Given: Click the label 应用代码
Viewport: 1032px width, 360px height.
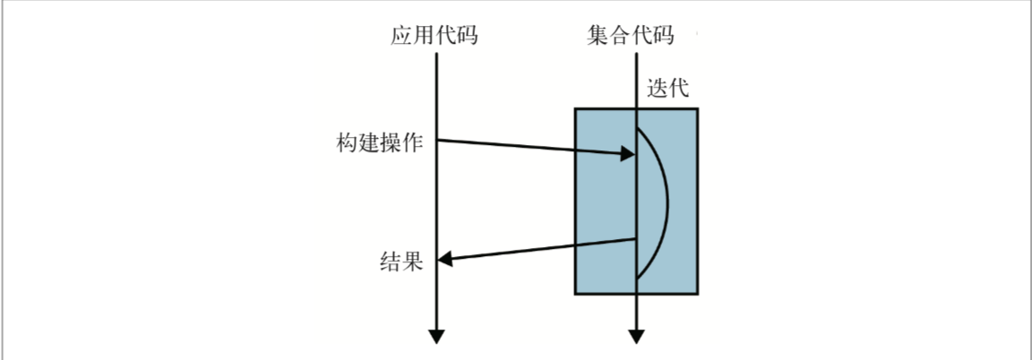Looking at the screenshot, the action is (x=434, y=36).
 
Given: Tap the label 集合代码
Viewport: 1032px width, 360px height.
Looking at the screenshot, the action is (x=630, y=36).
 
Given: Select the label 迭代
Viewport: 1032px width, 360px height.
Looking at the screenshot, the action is (x=668, y=89).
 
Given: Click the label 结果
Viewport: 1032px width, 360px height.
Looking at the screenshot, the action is (x=400, y=261).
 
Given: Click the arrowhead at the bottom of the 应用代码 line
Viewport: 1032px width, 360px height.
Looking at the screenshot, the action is (x=436, y=336).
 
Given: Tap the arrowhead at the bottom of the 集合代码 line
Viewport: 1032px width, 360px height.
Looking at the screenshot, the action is (x=636, y=336).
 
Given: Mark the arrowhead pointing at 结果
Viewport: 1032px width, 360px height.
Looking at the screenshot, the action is (x=446, y=260).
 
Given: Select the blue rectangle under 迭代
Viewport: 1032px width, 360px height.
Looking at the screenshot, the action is (x=636, y=201).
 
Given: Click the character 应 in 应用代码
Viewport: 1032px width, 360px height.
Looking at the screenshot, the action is (x=401, y=36).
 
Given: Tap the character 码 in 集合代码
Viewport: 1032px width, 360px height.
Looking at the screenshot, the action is (x=664, y=36).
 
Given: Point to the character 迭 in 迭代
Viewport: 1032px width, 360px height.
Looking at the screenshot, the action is (x=657, y=89).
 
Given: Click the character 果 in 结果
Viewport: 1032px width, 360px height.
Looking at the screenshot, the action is (x=412, y=261).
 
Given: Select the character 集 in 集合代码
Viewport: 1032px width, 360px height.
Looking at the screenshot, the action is (x=597, y=36).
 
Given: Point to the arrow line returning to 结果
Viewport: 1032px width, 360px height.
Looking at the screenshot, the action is (x=537, y=250).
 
